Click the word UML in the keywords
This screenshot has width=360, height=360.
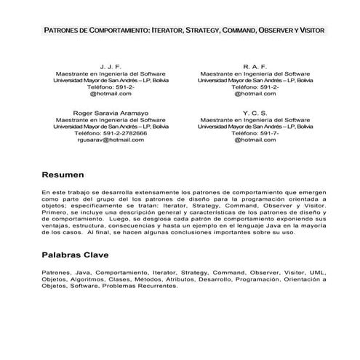(x=317, y=272)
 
